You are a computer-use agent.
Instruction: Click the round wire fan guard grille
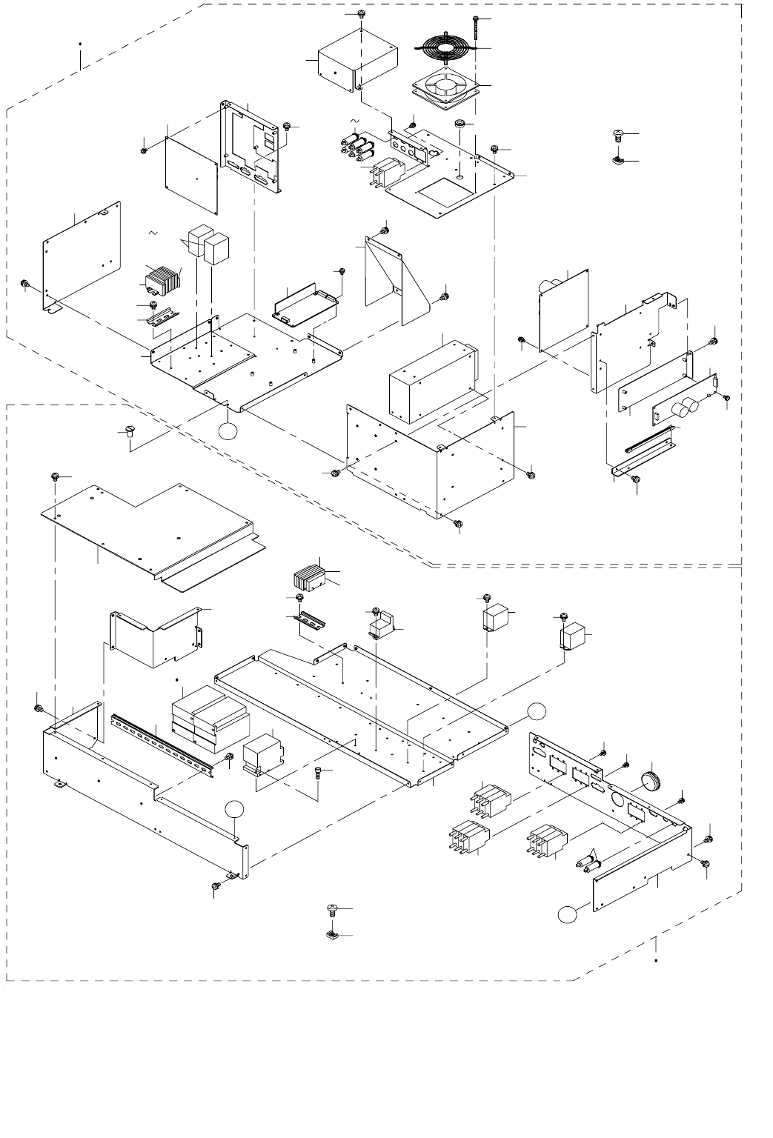447,50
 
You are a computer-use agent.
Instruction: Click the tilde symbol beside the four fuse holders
354,121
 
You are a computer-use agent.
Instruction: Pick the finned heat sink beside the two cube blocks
164,279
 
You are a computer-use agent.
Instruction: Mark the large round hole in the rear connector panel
617,800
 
